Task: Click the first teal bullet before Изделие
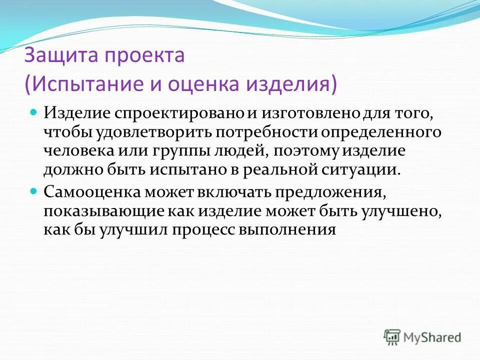(x=34, y=113)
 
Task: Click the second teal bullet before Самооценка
(x=34, y=191)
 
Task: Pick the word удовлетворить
(x=155, y=132)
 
